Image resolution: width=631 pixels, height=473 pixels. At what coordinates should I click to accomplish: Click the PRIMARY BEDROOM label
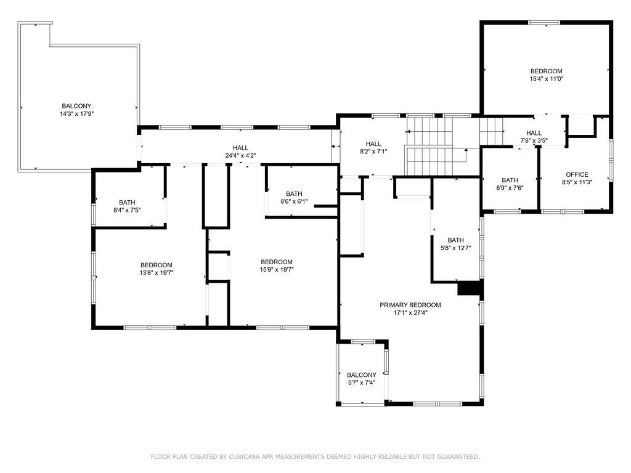(x=410, y=305)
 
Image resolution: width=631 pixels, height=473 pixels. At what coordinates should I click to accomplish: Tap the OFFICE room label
(x=577, y=174)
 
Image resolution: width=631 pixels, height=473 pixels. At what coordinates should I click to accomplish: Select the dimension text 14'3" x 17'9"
(x=76, y=114)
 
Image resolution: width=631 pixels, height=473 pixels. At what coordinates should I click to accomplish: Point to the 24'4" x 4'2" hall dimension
(x=241, y=155)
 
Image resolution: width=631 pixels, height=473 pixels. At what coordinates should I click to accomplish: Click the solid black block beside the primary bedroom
(x=470, y=288)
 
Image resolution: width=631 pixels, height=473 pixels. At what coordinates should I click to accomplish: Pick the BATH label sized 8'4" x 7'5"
(x=127, y=202)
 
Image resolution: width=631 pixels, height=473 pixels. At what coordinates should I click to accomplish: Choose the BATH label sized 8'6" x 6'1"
(x=294, y=194)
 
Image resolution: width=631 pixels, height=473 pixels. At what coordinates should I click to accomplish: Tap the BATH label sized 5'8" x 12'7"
(x=455, y=240)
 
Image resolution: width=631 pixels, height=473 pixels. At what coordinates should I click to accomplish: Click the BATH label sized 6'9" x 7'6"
(x=510, y=180)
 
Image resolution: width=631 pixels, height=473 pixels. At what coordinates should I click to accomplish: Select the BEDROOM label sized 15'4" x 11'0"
(x=546, y=71)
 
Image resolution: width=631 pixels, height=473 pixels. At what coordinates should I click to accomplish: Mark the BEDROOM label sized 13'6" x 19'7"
(x=156, y=265)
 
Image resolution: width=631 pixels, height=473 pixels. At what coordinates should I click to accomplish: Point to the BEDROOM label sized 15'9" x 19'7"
(x=277, y=262)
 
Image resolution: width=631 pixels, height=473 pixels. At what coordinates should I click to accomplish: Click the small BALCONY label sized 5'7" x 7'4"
(x=361, y=375)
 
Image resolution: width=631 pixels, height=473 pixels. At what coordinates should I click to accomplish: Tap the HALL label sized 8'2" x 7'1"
(x=373, y=144)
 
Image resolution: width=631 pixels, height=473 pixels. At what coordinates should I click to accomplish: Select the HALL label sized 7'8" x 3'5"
(x=534, y=133)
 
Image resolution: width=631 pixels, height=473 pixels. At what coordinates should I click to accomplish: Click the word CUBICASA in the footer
(x=245, y=457)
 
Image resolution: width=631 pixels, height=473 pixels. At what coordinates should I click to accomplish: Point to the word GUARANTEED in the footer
(x=457, y=457)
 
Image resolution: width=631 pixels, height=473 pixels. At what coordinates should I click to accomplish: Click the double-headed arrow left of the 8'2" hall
(x=336, y=146)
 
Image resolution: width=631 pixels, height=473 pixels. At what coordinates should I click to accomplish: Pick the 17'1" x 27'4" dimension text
(x=410, y=312)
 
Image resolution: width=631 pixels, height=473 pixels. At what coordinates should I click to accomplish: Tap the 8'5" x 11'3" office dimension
(x=577, y=182)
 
